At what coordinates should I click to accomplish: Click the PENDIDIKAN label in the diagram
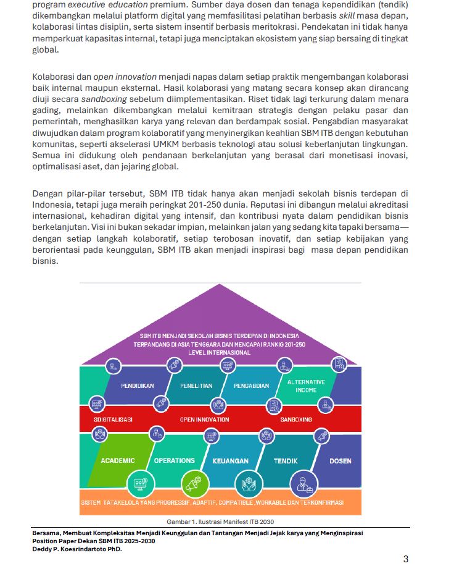137,386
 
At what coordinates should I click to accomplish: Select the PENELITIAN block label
196,386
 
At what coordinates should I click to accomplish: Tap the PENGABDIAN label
252,386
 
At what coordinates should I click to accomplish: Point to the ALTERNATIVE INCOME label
306,386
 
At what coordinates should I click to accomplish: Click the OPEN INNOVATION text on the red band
204,420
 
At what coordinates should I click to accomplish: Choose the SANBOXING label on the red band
296,420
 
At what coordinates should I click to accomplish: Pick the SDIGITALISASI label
113,420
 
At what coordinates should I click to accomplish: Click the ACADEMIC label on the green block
117,460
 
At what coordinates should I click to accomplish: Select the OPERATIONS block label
175,460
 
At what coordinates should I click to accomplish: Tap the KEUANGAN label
230,461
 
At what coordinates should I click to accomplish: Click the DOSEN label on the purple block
340,461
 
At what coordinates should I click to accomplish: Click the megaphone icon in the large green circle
195,483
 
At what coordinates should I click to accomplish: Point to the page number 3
405,559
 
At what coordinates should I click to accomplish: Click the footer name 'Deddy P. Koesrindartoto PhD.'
77,549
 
